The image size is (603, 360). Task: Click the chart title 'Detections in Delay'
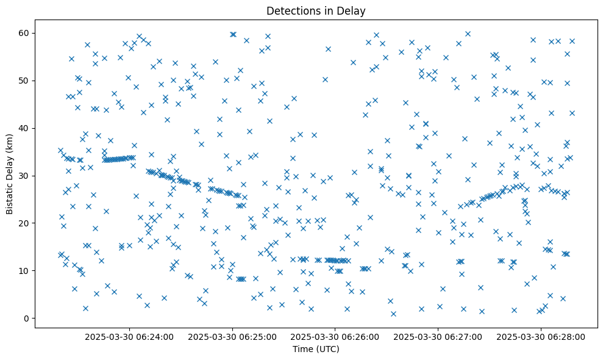coord(316,11)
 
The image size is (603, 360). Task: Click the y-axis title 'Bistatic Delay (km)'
coord(10,169)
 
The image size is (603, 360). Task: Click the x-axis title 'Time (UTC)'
coord(316,350)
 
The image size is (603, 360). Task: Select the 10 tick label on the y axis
coord(27,271)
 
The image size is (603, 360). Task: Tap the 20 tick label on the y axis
coord(27,223)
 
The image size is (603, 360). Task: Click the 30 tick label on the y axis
coord(27,176)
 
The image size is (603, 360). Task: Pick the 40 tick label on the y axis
coord(27,128)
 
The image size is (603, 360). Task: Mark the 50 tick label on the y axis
coord(27,81)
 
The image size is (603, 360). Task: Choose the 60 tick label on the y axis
coord(27,33)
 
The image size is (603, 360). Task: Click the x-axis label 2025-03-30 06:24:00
coord(129,336)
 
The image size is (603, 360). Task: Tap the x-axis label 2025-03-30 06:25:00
coord(232,336)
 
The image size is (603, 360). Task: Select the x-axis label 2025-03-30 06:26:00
coord(335,336)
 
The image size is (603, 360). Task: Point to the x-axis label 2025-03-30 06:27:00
coord(438,336)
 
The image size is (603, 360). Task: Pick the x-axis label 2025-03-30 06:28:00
coord(541,336)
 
